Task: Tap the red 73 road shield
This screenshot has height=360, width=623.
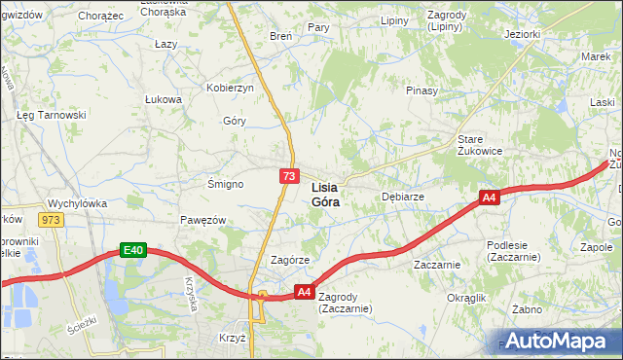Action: (x=288, y=176)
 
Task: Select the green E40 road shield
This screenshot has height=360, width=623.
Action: (x=132, y=251)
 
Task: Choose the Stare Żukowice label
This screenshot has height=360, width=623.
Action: (x=480, y=144)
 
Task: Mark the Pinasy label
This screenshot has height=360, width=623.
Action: (x=422, y=90)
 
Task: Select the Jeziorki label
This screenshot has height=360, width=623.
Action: (x=522, y=34)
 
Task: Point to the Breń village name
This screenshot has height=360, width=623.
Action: (x=280, y=36)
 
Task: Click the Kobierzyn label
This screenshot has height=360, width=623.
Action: (x=230, y=88)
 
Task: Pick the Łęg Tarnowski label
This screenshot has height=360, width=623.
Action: (x=52, y=115)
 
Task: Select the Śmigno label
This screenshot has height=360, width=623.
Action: (x=226, y=183)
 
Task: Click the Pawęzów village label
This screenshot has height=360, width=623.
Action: (x=202, y=220)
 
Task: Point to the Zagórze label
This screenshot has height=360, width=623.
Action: (x=289, y=261)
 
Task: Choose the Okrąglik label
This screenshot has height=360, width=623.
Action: (x=465, y=298)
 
